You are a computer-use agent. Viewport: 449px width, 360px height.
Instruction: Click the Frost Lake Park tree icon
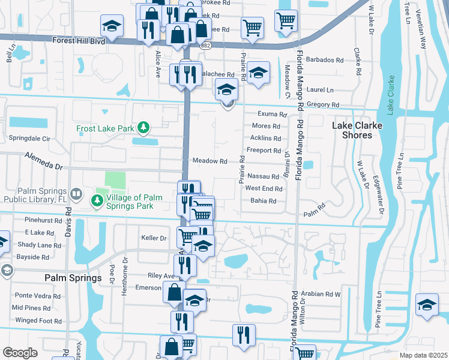pos(143,127)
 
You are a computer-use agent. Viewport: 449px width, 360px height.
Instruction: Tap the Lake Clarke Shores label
pos(352,130)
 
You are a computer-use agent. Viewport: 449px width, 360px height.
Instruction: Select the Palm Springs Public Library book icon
pos(76,194)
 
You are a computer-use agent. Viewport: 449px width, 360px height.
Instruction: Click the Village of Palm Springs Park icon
pos(96,200)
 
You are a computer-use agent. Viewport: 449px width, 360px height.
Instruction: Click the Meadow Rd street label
pos(209,161)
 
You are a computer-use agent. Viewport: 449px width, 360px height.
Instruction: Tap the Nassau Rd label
pos(263,176)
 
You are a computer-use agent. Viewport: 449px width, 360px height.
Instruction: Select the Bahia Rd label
pos(264,201)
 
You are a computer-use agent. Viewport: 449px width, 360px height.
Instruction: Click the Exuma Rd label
pos(272,114)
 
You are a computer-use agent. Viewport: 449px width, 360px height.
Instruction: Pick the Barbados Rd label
pos(325,61)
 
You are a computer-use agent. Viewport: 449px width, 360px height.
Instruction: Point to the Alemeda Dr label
pos(44,160)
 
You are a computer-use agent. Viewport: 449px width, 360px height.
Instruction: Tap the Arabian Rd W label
pos(324,294)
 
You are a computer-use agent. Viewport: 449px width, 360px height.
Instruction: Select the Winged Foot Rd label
pos(38,321)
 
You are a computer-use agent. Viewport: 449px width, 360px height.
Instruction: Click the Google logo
pos(20,353)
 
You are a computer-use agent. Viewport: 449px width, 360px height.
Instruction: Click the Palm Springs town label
pos(73,278)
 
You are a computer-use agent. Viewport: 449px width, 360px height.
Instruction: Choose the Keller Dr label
pos(153,238)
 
